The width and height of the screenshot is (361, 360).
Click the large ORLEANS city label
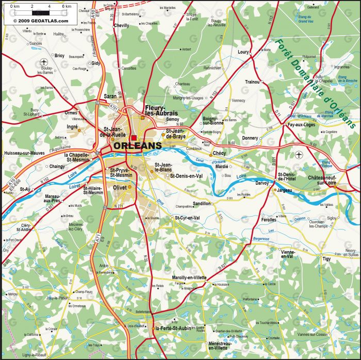(x=137, y=146)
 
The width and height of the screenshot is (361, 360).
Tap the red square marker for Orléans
(x=134, y=138)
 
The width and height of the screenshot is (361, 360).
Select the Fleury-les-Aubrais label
(x=161, y=110)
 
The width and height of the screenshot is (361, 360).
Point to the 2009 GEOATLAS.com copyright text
(x=40, y=21)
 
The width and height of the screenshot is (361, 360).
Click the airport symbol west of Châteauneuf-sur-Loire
(x=299, y=155)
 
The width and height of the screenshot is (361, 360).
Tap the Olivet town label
(x=120, y=188)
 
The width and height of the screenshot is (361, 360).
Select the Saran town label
(x=110, y=96)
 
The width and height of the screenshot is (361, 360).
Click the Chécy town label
(x=219, y=153)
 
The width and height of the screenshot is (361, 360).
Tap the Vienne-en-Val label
(x=280, y=254)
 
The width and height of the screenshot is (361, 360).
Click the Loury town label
(x=243, y=52)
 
